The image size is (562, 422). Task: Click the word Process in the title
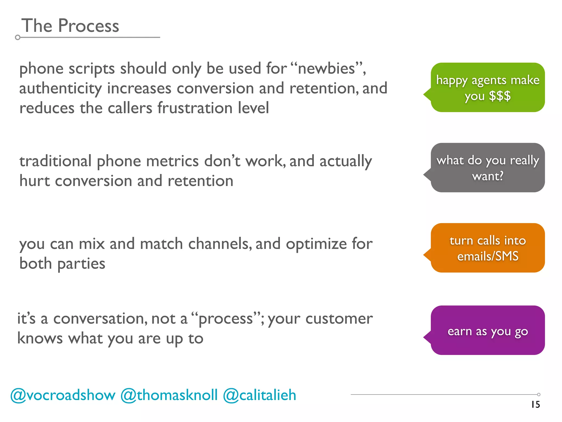(88, 26)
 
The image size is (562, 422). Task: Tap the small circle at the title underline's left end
(18, 38)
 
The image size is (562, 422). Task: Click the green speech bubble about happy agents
(487, 87)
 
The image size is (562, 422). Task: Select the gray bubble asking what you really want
(487, 168)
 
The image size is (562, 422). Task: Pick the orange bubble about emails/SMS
(487, 248)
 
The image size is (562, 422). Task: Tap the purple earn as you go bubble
(487, 330)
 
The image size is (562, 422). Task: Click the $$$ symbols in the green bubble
(500, 96)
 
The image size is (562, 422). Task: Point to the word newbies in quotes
(327, 68)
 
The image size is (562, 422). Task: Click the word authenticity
(60, 88)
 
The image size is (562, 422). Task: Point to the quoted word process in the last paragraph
(226, 319)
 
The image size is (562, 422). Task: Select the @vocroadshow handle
(63, 395)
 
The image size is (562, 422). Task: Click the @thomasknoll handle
(169, 395)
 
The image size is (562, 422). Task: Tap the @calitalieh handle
(260, 395)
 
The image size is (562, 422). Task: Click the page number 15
(535, 404)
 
